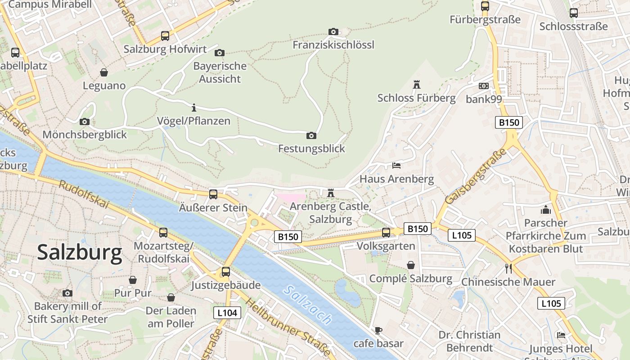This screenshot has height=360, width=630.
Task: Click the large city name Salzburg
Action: coord(79,252)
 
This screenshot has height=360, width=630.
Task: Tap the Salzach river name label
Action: coord(308,305)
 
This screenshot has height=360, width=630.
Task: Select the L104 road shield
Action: coord(227,313)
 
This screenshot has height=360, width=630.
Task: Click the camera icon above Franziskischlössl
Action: coord(333,31)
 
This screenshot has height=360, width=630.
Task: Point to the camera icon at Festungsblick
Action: coord(311,135)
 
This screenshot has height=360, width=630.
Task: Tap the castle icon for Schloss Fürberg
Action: coord(416,84)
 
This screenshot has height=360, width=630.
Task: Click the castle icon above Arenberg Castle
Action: coord(331,193)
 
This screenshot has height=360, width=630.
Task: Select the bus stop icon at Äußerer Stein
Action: coord(213,194)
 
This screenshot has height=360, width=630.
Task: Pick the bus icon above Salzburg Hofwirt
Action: coord(165,36)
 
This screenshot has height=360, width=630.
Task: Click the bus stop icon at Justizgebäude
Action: coord(226,272)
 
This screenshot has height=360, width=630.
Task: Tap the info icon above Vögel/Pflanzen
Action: coord(194,108)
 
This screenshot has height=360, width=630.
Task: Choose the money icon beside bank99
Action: coord(484,85)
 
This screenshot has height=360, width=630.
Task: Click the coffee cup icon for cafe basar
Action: coord(378,331)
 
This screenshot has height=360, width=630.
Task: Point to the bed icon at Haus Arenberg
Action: coord(396,166)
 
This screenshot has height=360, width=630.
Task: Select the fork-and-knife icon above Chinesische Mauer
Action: coord(508,269)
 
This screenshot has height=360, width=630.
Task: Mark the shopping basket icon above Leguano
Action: coord(104,72)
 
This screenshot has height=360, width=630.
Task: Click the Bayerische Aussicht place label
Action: coord(220,72)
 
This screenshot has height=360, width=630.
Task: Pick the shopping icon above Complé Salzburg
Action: coord(411,265)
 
